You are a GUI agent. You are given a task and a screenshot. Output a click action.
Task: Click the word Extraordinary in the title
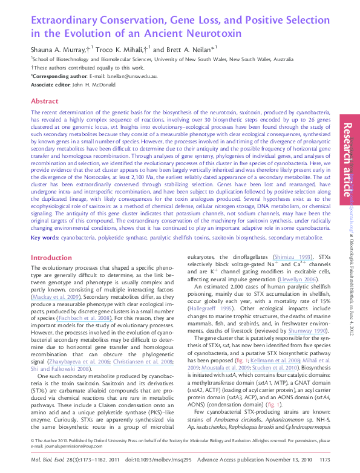pyautogui.click(x=68, y=19)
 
